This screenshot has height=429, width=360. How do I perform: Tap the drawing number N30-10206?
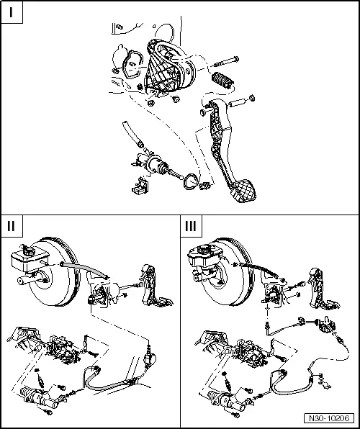(333, 417)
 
